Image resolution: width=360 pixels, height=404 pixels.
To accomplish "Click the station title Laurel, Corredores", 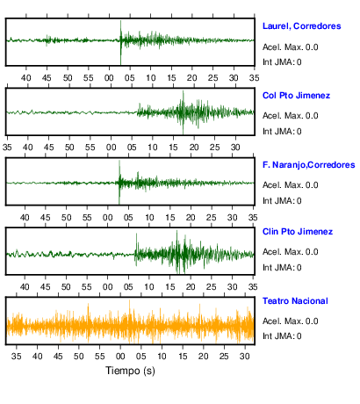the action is (301, 26).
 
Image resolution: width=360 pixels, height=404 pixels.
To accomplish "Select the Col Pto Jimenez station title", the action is (296, 96).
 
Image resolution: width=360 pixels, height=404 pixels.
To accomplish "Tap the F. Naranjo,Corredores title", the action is (309, 165).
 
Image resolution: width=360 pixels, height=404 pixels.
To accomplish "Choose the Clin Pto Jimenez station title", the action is (298, 232).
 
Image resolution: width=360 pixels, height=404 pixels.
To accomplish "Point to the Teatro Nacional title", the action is (295, 301).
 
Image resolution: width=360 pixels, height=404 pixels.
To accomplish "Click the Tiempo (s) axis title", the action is (130, 371).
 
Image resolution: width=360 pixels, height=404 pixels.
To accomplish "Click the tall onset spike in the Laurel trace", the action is (120, 42).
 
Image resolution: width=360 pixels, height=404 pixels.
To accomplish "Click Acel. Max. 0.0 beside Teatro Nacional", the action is (290, 321).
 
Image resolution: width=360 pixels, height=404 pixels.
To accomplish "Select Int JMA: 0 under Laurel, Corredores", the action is (282, 62).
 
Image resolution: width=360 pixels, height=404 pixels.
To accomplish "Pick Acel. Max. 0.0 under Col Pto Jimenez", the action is (290, 116).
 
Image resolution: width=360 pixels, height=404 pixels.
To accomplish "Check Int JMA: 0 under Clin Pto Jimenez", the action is (282, 268).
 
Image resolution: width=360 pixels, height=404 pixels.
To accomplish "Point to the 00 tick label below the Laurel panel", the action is (109, 78).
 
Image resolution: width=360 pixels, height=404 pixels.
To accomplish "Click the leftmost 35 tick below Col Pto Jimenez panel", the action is (7, 148).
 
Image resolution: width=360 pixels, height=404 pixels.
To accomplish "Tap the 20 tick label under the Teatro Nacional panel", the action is (203, 357).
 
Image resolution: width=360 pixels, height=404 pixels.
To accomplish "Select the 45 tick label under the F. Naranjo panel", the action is (46, 218).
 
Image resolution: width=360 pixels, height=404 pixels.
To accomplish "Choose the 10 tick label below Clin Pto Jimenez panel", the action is (149, 287).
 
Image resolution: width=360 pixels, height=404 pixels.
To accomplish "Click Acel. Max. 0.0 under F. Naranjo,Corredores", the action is (290, 185).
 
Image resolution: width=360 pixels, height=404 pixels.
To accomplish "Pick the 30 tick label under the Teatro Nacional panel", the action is (245, 357).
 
